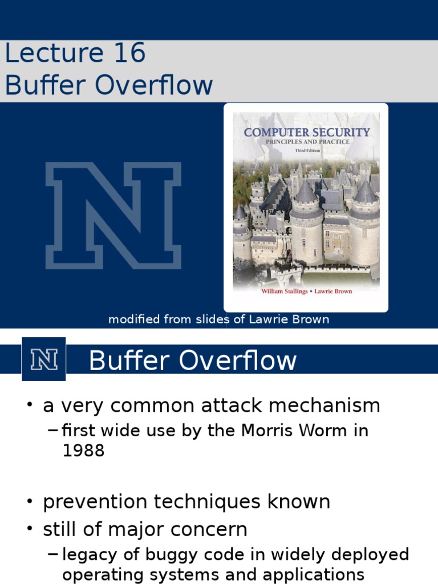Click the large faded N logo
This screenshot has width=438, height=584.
113,215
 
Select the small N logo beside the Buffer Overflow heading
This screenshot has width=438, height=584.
44,359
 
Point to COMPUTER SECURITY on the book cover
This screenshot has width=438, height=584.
307,132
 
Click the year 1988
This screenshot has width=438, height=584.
83,451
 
